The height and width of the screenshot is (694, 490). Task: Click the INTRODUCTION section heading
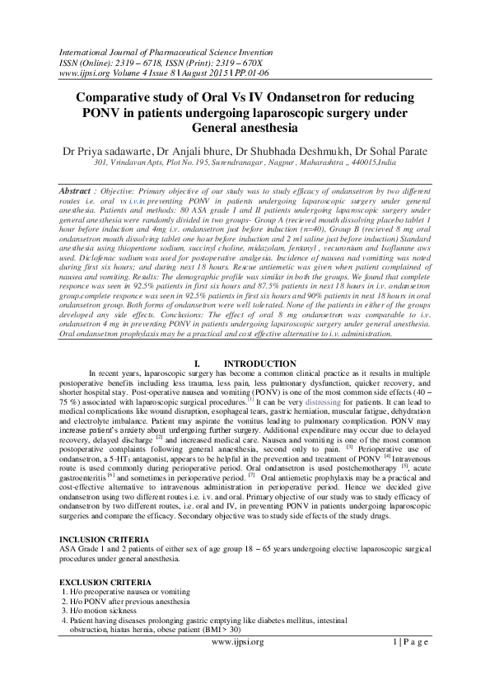point(260,363)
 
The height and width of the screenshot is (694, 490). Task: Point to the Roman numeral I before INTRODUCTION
point(195,363)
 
